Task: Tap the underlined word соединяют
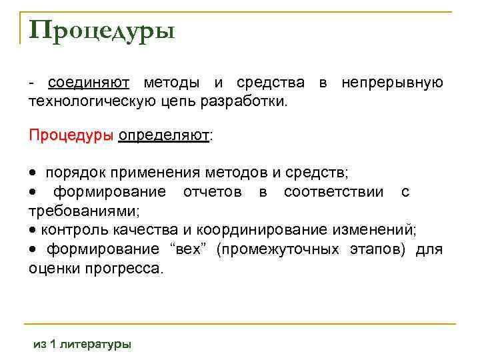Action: tap(89, 83)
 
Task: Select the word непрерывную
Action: tap(392, 83)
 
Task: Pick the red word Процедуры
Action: tap(71, 135)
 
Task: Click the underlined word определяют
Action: tap(163, 135)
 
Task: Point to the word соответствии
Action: tap(333, 193)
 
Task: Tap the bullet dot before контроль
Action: tap(33, 231)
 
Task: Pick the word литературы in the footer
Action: tap(96, 344)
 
